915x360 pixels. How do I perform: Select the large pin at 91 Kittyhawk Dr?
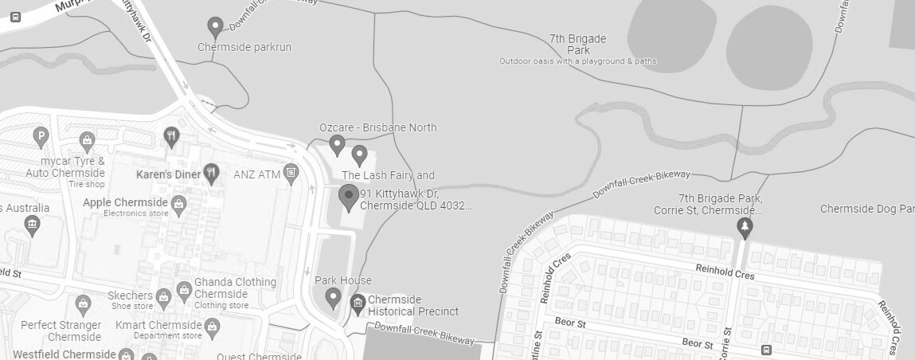click(x=348, y=197)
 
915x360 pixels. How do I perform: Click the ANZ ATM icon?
click(x=292, y=172)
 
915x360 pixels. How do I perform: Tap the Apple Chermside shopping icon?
click(x=178, y=203)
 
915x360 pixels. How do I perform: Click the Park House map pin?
click(x=333, y=299)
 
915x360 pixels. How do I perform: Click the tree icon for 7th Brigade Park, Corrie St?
click(x=745, y=228)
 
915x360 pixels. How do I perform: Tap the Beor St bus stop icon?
click(x=766, y=349)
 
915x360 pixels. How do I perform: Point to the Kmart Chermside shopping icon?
click(x=212, y=326)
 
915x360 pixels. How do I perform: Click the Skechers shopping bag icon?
click(x=163, y=296)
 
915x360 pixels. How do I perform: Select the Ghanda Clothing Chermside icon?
click(x=183, y=288)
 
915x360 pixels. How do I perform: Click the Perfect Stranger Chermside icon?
click(x=83, y=304)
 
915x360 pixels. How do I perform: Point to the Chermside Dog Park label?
click(x=866, y=209)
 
